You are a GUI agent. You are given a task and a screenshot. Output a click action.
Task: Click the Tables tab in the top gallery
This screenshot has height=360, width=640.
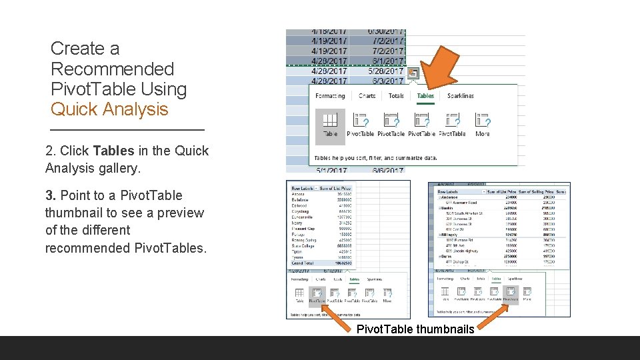[425, 96]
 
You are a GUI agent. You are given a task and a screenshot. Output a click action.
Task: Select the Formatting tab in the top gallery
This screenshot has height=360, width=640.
[330, 96]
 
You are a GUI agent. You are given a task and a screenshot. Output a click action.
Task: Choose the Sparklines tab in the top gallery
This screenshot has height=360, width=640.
[460, 96]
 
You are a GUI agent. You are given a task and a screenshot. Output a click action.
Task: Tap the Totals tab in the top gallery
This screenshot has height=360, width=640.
[396, 96]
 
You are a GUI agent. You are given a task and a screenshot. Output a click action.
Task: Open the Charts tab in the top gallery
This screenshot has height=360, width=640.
[367, 96]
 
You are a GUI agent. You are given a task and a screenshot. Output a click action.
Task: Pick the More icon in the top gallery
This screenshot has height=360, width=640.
[482, 123]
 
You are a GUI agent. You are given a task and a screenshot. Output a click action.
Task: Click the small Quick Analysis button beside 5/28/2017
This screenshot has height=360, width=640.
[413, 73]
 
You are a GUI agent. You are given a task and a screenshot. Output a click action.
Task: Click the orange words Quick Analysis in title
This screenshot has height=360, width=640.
[109, 109]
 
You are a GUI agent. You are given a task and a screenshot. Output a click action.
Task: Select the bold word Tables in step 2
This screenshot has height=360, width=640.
[114, 151]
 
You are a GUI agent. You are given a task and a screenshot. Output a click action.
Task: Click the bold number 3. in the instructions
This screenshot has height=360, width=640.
[51, 195]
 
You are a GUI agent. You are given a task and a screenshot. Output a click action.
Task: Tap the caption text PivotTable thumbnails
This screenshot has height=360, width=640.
[415, 329]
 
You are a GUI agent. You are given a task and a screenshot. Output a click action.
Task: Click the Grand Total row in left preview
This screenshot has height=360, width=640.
[304, 264]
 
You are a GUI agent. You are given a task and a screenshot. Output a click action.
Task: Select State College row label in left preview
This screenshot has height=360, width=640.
[303, 245]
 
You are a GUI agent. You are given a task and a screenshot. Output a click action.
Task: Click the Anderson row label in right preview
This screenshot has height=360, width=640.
[451, 197]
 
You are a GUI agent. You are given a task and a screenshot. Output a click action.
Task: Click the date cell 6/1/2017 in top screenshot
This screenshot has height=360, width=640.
[386, 61]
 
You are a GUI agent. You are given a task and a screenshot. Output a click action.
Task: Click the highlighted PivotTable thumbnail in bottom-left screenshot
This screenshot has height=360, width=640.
[317, 293]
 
